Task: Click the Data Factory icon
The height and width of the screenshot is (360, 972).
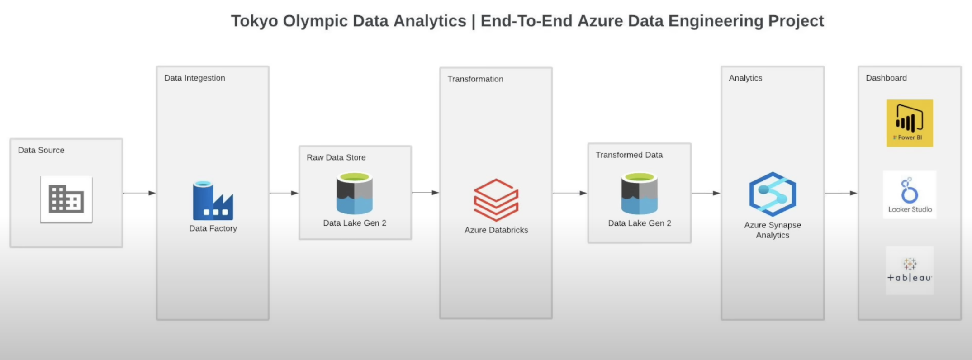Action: tap(213, 201)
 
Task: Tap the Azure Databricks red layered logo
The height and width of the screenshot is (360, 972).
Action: tap(496, 200)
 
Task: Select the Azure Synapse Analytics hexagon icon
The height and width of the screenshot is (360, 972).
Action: tap(772, 194)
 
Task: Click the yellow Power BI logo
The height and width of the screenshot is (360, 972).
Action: tap(909, 123)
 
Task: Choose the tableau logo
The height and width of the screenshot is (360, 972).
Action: tap(909, 270)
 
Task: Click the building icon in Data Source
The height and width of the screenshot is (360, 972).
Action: tap(66, 199)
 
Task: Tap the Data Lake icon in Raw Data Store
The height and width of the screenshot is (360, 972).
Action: tap(355, 194)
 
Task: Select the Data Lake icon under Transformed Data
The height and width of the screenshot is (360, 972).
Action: tap(639, 194)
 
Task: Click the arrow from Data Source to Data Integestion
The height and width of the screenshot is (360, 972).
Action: tap(139, 193)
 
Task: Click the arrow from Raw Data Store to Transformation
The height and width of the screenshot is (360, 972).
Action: tap(425, 193)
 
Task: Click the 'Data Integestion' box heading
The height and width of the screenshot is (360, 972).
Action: tap(194, 78)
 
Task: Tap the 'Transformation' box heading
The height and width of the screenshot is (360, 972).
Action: tap(475, 79)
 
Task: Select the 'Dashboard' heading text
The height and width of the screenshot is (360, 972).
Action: tap(886, 78)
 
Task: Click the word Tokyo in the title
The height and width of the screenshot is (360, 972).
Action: tap(254, 21)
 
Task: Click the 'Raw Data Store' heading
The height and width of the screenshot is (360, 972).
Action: tap(336, 157)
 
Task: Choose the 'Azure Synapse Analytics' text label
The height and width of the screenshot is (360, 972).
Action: tap(772, 230)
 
